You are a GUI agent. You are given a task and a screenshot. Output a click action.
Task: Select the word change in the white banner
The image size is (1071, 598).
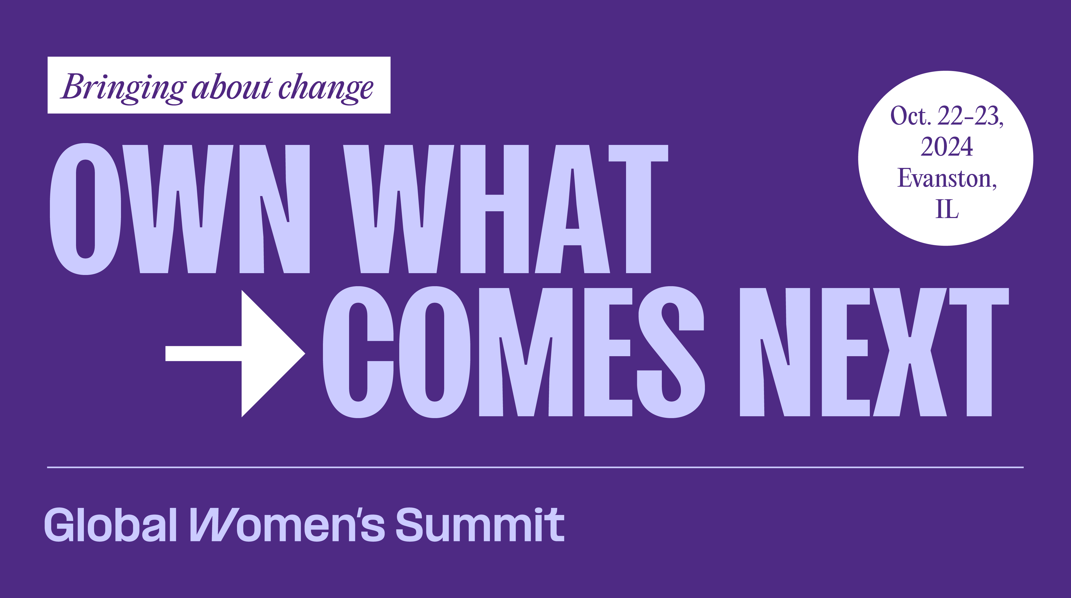tap(326, 88)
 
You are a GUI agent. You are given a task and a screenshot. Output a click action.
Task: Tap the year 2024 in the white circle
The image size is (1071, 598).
tap(947, 147)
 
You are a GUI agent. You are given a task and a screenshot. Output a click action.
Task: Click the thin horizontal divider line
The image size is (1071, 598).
tap(535, 467)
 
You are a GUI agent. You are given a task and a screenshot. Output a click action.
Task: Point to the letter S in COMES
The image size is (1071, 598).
tap(671, 352)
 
